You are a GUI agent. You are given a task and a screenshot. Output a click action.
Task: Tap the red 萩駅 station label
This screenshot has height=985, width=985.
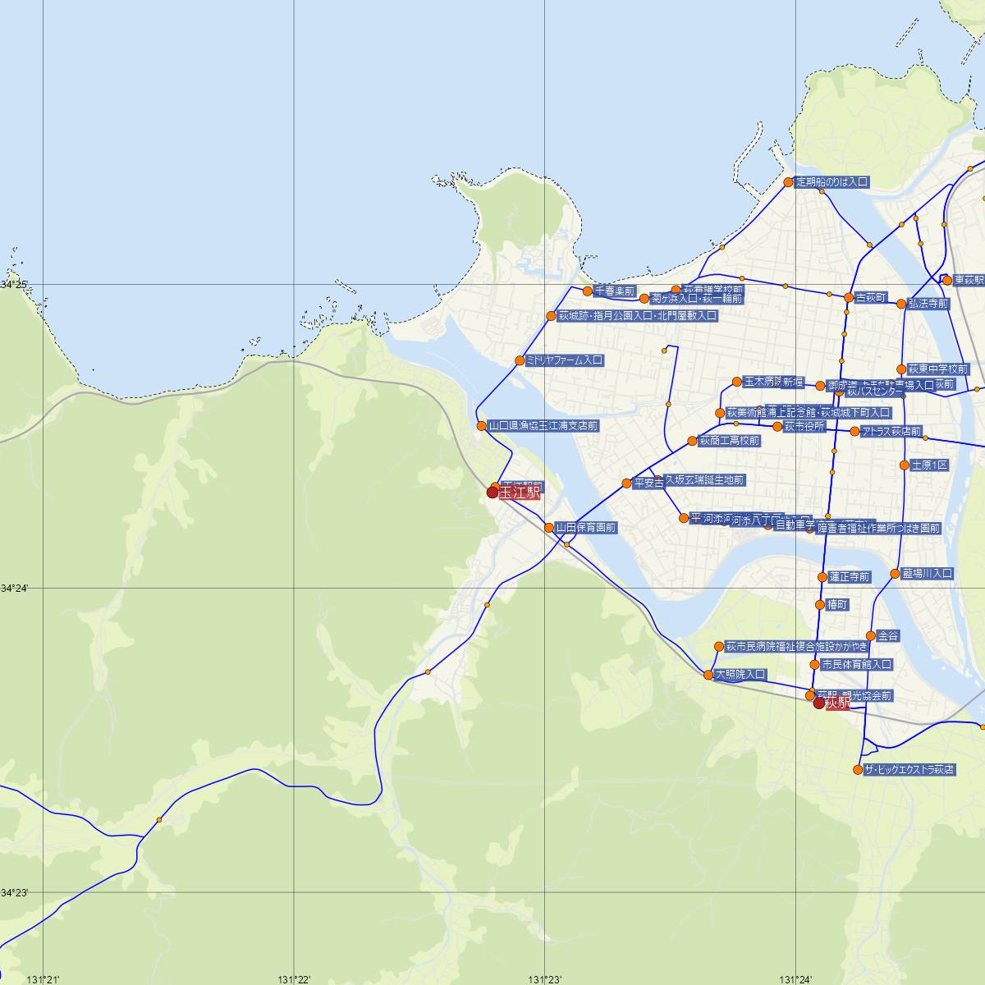[838, 704]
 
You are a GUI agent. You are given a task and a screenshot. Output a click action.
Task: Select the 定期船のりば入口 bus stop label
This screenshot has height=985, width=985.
[832, 182]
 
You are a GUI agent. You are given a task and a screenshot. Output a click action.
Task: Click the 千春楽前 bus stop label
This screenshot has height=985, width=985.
[615, 291]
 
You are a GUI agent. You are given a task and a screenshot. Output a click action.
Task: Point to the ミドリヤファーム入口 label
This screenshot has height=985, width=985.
[565, 360]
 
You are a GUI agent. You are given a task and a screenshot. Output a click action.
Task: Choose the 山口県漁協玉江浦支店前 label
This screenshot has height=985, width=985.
[543, 426]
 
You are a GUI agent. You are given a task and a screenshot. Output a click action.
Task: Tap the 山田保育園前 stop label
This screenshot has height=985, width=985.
[585, 528]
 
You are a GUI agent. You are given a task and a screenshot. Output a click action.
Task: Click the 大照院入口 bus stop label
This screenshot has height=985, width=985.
[740, 675]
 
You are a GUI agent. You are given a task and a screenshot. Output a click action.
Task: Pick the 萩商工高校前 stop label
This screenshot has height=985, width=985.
[729, 441]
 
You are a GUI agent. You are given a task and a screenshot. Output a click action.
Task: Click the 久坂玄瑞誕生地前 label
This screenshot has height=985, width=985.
[704, 479]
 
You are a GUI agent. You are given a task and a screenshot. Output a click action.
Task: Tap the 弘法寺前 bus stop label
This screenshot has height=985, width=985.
[928, 304]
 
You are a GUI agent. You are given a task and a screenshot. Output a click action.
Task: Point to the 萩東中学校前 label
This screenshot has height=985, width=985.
[937, 369]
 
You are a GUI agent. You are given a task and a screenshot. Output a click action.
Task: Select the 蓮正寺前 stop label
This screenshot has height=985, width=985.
[849, 577]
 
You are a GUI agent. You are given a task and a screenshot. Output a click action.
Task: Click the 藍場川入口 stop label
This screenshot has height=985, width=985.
[927, 574]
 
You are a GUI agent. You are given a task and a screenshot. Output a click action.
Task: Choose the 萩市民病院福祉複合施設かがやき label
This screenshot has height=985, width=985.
[795, 647]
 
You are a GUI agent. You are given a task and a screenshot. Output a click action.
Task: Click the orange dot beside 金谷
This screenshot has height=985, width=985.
[871, 635]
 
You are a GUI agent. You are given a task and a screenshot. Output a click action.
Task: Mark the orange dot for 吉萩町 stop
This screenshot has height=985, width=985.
[849, 297]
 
